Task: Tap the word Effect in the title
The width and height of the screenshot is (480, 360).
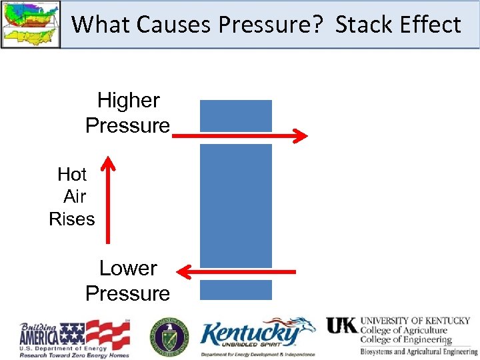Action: (x=431, y=25)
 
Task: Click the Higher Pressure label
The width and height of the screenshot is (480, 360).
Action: (x=128, y=113)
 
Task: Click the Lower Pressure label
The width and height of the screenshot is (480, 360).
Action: (x=128, y=281)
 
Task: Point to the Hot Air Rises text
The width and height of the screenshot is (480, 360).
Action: (x=72, y=197)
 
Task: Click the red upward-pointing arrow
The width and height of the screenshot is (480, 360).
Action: (x=107, y=200)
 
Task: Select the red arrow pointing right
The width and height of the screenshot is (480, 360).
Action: (x=240, y=136)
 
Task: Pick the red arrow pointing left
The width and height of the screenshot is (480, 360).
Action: (x=236, y=271)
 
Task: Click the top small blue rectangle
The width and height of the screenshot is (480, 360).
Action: (x=236, y=115)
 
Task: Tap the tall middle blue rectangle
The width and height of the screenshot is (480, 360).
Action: (x=236, y=205)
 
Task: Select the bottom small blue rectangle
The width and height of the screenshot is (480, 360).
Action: (x=236, y=289)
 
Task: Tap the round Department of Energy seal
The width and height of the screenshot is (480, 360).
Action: (x=169, y=337)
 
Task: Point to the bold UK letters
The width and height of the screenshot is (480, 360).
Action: (x=341, y=325)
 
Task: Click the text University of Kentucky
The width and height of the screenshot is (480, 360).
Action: (x=415, y=321)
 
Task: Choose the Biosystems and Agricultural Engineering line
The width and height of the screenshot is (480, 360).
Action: (x=419, y=351)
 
